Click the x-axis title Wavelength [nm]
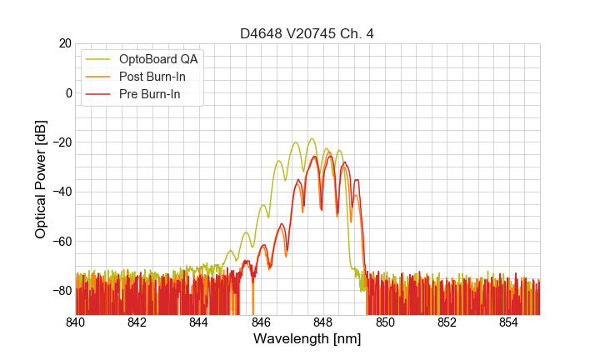(307, 339)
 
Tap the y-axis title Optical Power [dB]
(41, 179)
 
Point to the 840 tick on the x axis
(76, 322)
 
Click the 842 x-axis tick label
(137, 322)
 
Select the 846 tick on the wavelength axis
(261, 322)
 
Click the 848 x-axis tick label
(322, 322)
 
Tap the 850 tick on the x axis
(385, 322)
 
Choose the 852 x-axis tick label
(447, 322)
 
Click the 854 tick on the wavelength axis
(508, 322)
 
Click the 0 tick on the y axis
(68, 92)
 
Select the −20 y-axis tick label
(62, 142)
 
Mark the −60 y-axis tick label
(62, 241)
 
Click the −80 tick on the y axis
(62, 291)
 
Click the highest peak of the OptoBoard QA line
(312, 138)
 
